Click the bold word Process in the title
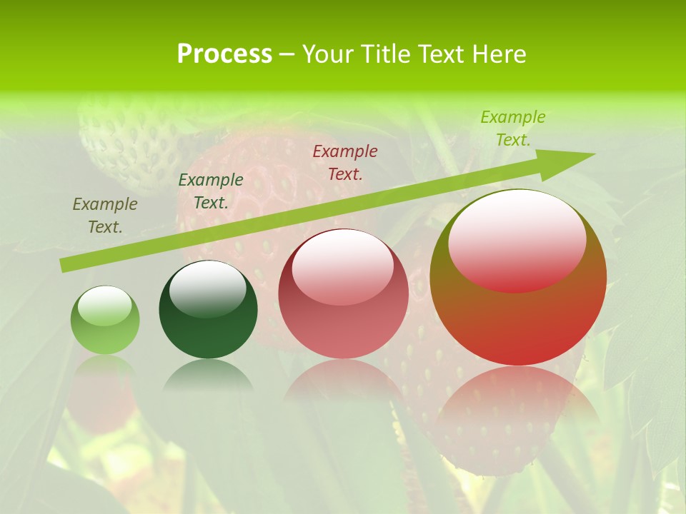224,54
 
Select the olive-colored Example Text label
105,216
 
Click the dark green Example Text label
211,191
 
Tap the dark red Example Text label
345,162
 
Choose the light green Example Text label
513,128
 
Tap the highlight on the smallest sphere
105,306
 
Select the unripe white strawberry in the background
129,139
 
